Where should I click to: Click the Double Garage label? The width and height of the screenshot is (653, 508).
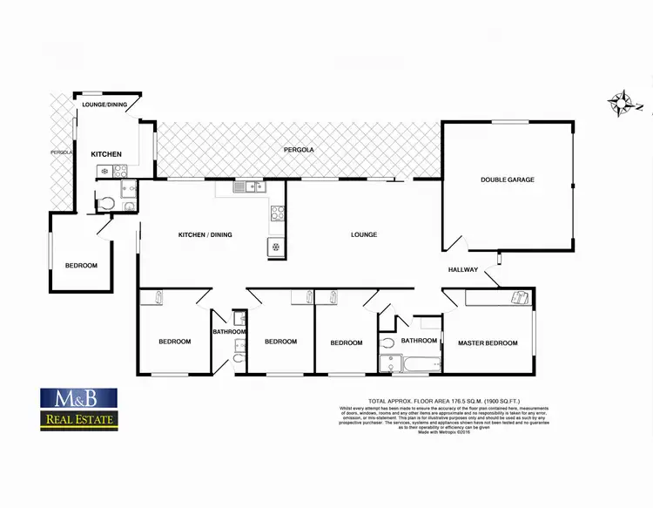click(x=508, y=180)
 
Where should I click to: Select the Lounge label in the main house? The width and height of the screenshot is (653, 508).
click(x=364, y=234)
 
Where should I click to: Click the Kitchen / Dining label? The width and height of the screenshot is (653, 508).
click(x=205, y=234)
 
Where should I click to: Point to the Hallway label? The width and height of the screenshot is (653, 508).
click(x=463, y=269)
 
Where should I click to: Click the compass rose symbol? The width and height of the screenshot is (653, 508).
click(x=623, y=104)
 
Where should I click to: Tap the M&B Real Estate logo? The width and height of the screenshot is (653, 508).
click(x=77, y=410)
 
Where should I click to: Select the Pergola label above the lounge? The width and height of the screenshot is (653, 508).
click(x=299, y=150)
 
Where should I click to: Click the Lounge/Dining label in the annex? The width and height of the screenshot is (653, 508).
click(x=105, y=105)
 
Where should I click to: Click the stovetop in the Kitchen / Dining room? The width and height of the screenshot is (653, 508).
click(x=278, y=213)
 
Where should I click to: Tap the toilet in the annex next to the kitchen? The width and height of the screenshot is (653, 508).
click(x=105, y=204)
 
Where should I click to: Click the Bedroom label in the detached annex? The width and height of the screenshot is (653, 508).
click(x=81, y=266)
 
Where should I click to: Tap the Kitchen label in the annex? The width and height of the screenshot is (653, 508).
click(x=107, y=154)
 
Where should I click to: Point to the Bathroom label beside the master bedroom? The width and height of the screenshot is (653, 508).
click(x=419, y=341)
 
